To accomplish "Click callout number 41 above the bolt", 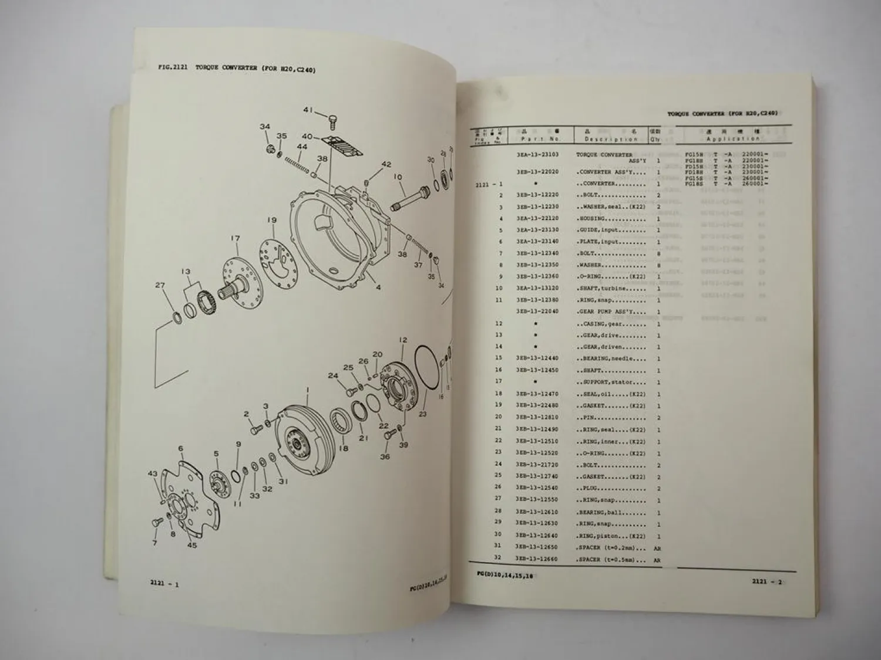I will [308, 109].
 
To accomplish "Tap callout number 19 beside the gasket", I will [271, 220].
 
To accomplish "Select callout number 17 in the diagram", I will [235, 238].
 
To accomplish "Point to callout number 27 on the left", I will [160, 286].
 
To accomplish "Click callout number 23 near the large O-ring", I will [423, 413].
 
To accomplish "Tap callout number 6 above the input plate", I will [181, 448].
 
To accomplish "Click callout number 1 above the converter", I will [307, 389].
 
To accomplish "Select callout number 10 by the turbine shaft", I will [398, 177].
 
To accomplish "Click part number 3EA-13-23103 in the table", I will [537, 155].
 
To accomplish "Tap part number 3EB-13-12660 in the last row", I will [537, 559].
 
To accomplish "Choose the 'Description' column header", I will [611, 139].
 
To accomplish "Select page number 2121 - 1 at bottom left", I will [164, 582].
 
